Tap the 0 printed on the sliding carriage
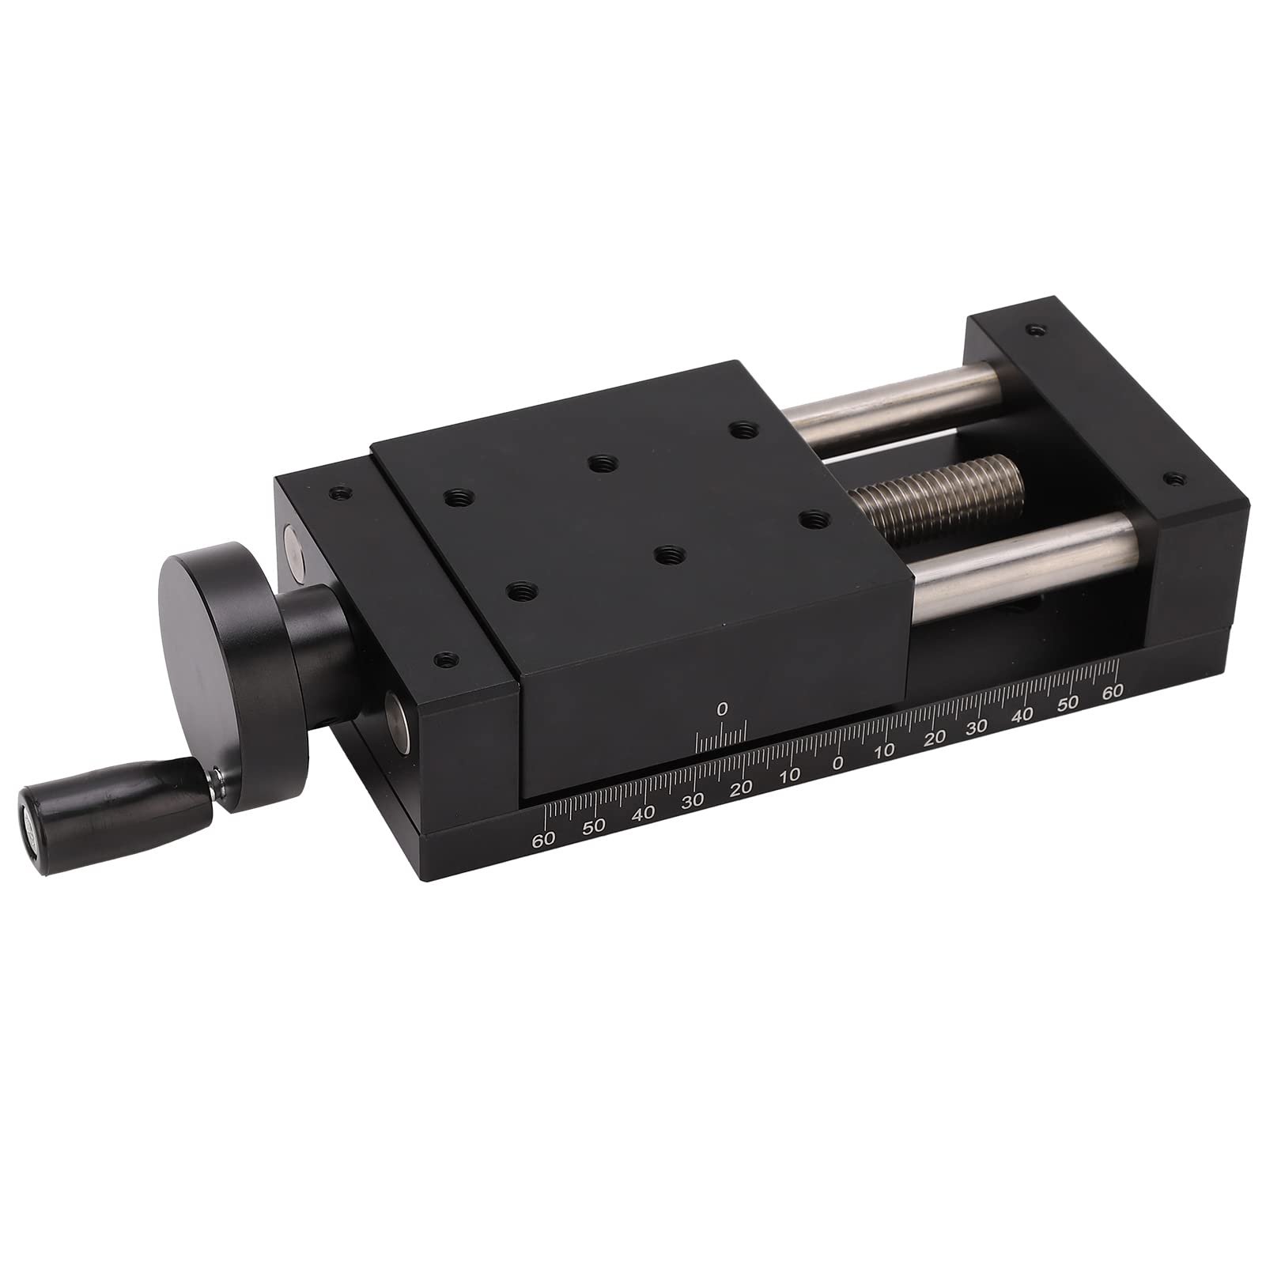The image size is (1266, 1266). point(721,710)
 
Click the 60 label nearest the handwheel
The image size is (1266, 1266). point(543,839)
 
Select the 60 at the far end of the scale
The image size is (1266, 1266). point(1113,690)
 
